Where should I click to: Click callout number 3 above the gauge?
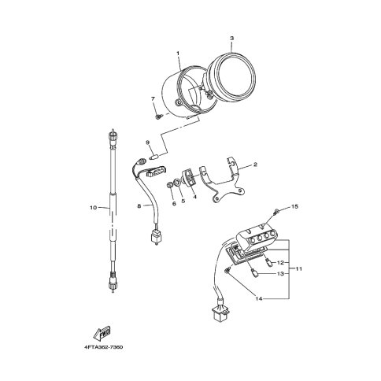tap(231, 39)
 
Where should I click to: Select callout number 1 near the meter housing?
tap(178, 54)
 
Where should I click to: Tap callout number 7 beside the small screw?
tap(153, 98)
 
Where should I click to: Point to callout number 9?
tap(147, 142)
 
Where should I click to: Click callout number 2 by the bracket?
tap(255, 165)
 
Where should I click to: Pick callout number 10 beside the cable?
tap(94, 208)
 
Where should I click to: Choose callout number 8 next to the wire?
tap(139, 206)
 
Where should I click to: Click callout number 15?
tap(294, 207)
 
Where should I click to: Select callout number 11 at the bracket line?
tap(298, 269)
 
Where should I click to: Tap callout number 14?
tap(259, 298)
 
